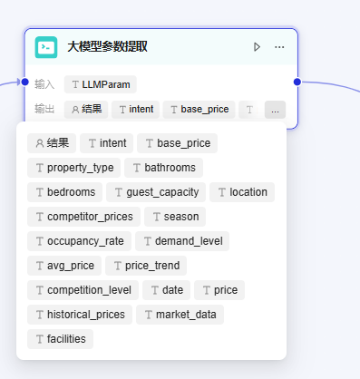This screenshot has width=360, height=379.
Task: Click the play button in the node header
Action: coord(257,47)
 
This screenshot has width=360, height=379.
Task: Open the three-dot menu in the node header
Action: coord(279,47)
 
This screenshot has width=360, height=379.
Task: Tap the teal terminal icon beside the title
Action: coord(46,47)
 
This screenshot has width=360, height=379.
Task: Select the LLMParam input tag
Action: coord(101,84)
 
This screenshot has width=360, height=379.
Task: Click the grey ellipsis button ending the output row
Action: coord(275,110)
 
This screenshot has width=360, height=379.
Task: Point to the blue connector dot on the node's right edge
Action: coord(297,82)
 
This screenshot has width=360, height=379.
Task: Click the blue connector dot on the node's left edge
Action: coord(25,82)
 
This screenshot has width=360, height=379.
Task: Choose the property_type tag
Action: coord(73,168)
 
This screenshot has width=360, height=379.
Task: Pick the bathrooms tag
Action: coord(163,168)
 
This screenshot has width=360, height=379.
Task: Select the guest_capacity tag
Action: coord(156,192)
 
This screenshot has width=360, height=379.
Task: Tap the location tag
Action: coord(242,192)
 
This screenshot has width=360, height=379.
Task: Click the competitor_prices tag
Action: coord(83,217)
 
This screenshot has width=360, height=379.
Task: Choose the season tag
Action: coord(175,217)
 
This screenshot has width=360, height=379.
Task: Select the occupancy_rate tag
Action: coord(79,241)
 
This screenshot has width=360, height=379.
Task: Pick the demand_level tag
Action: coord(182,241)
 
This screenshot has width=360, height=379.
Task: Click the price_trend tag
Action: coord(146,266)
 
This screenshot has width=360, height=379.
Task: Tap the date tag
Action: coord(166,290)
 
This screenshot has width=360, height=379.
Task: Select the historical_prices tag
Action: coord(80,315)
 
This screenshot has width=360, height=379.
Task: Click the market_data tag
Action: coord(180,315)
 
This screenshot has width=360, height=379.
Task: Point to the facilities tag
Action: coord(60,339)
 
